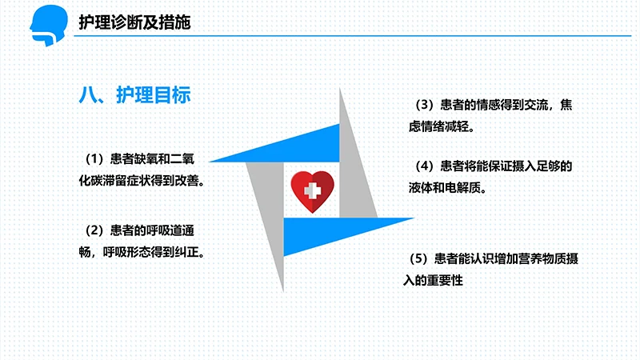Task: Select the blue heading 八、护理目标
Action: point(134,95)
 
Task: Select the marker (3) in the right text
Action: point(424,104)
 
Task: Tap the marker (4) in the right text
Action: point(424,166)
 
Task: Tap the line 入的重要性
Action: point(436,281)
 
